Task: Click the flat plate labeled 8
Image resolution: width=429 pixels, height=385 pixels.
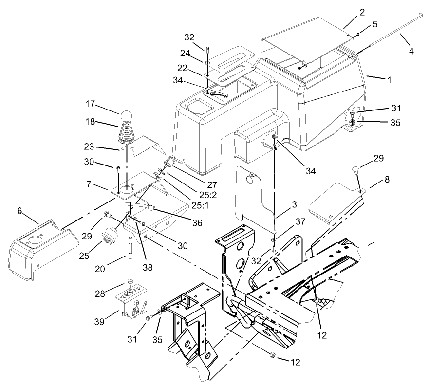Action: (x=334, y=202)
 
